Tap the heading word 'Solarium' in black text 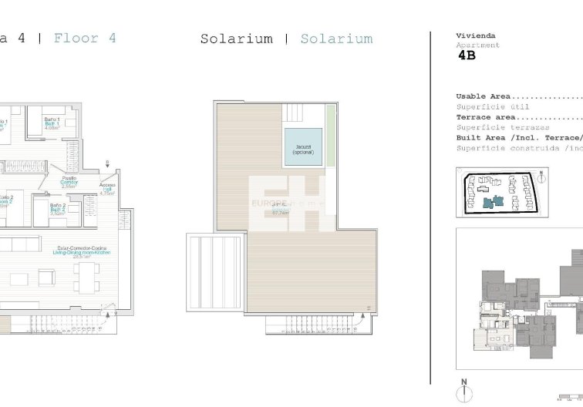(x=237, y=39)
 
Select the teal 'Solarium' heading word (x=336, y=39)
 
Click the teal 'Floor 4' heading (x=85, y=38)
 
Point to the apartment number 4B (x=467, y=55)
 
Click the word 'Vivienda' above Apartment (x=476, y=35)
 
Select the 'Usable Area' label (x=483, y=96)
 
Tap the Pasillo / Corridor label (x=69, y=183)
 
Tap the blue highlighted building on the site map (x=490, y=202)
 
